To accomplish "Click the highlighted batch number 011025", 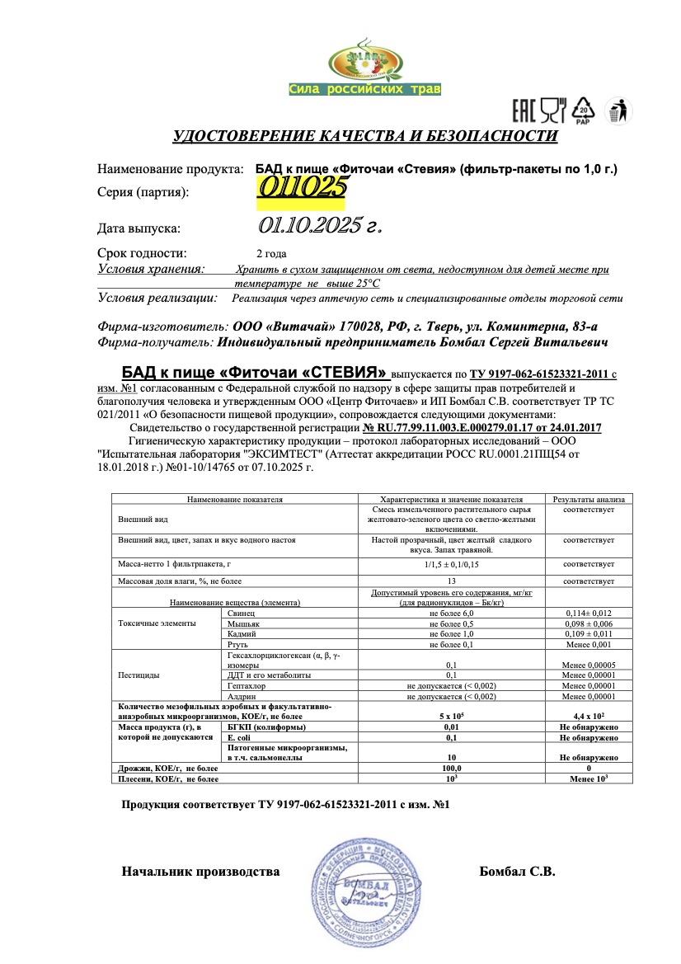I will [301, 188].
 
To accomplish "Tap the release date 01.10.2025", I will [321, 225].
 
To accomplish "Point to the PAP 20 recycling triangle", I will [584, 111].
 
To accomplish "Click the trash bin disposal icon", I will [616, 111].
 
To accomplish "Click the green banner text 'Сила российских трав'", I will [365, 89].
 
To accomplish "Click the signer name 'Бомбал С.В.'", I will [517, 871].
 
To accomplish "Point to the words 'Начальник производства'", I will [200, 871].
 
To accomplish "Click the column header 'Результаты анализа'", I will [589, 499].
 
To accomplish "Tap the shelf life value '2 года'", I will [272, 253].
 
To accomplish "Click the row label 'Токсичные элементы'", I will [157, 624].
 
